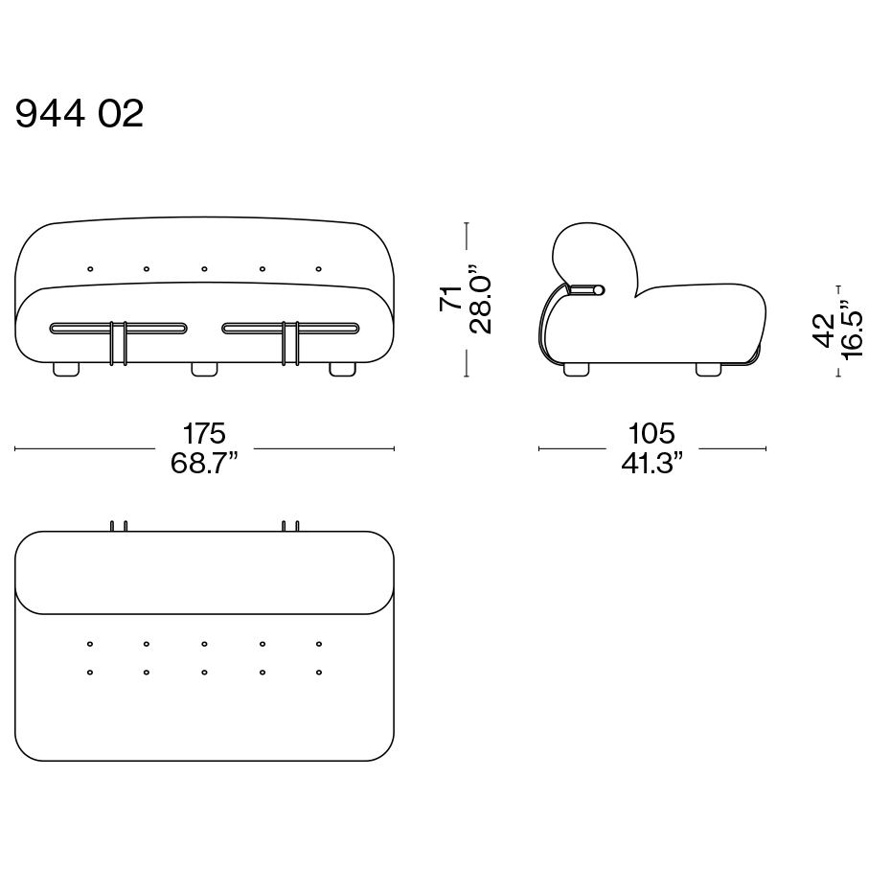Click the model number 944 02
[79, 113]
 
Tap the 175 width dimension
[204, 434]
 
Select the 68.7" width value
[204, 463]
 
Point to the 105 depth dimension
[651, 434]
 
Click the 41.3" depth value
[651, 463]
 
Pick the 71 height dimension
[451, 298]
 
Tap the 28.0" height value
[480, 298]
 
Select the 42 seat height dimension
[824, 330]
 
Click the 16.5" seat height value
[852, 330]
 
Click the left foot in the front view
[66, 370]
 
